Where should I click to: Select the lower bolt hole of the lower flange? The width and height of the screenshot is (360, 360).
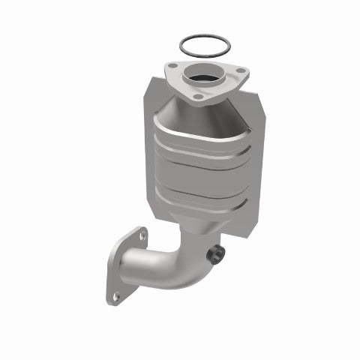tap(115, 297)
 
